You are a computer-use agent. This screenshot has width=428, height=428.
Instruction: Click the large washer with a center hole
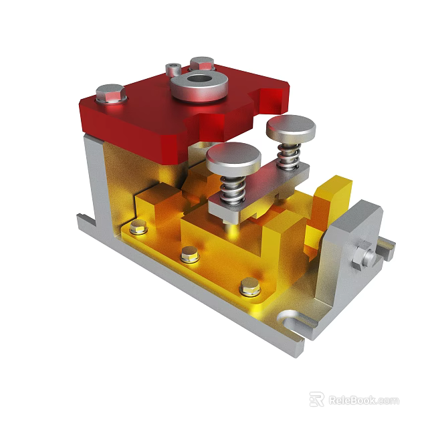[200, 85]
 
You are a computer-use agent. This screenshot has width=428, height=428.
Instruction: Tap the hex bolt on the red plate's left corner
[110, 94]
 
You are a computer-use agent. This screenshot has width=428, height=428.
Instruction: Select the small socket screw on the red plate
[173, 70]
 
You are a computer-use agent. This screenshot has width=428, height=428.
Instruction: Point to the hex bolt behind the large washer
[201, 64]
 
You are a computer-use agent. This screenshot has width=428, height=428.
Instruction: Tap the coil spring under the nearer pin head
[231, 187]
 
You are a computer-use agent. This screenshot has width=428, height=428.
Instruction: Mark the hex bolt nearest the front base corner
[250, 288]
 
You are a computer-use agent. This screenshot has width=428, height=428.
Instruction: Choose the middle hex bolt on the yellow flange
[190, 254]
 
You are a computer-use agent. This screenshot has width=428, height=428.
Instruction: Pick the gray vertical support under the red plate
[94, 181]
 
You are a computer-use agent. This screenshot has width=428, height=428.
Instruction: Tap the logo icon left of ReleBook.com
[317, 399]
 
